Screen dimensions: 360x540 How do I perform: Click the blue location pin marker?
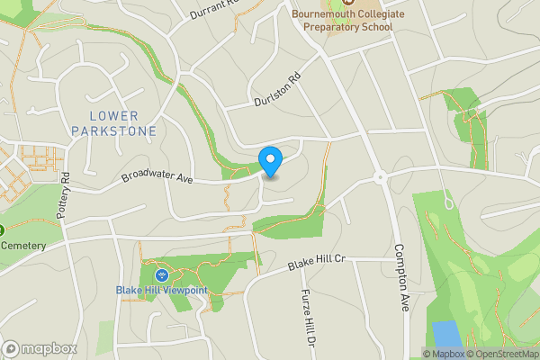tap(271, 161)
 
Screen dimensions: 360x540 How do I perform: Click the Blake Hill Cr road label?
tap(317, 263)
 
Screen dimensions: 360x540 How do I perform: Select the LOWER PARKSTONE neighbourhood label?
tap(124, 122)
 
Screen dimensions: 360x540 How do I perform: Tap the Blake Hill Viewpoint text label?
tap(162, 290)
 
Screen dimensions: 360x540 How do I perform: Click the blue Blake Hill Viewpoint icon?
tap(162, 274)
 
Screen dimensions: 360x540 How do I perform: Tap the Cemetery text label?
tap(22, 245)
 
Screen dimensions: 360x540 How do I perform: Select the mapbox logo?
tap(40, 348)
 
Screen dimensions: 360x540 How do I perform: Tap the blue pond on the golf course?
tap(445, 334)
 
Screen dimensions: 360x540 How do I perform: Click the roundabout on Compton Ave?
tap(381, 177)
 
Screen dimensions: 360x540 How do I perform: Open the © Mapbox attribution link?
tap(443, 354)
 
